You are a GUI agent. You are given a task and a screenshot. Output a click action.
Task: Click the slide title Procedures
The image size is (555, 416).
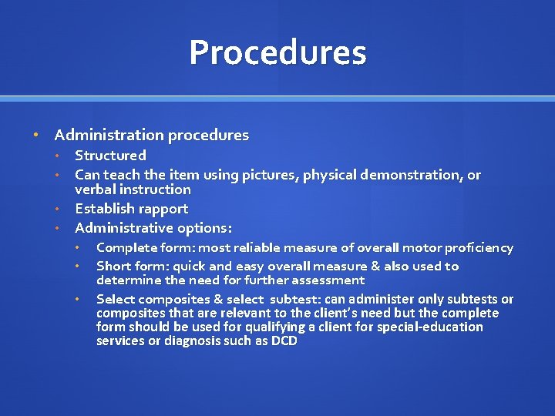[277, 53]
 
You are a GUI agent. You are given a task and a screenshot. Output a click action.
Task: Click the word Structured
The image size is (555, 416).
[110, 156]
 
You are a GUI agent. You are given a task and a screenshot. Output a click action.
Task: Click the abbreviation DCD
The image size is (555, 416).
[284, 341]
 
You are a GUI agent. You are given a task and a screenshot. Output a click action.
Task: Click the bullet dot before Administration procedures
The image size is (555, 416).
[35, 136]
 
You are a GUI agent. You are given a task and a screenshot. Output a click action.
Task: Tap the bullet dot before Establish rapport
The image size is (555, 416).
[57, 209]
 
